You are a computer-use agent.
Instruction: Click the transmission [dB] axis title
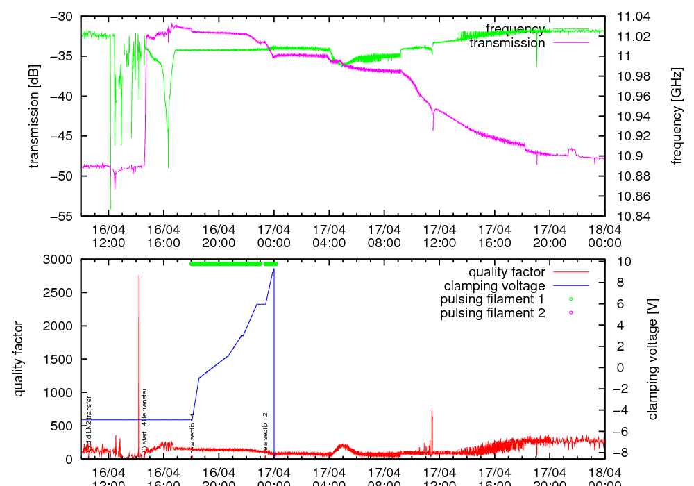[x=34, y=116]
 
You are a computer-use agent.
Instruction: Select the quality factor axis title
[x=19, y=359]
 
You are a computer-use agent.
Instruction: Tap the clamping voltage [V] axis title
[x=652, y=359]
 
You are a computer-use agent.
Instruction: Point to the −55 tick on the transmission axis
[x=58, y=216]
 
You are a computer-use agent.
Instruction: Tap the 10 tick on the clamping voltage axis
[x=623, y=261]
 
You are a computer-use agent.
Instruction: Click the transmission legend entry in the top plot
[x=507, y=43]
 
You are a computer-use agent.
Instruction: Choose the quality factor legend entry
[x=507, y=272]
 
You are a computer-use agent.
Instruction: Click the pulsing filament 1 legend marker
[x=570, y=299]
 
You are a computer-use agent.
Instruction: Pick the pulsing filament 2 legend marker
[x=570, y=313]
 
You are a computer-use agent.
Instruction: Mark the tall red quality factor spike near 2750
[x=139, y=276]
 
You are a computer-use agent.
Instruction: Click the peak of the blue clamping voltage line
[x=274, y=269]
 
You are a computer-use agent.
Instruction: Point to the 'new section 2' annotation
[x=265, y=432]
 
